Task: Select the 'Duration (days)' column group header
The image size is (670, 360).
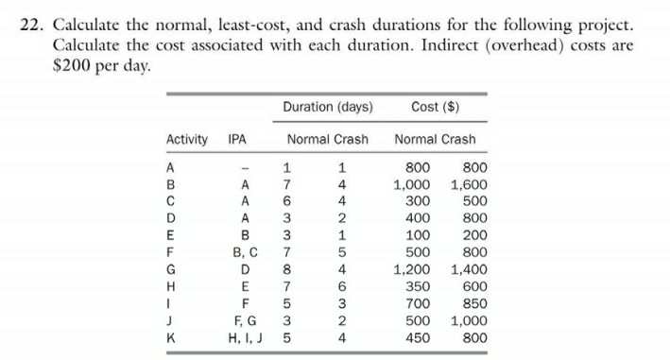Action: click(327, 107)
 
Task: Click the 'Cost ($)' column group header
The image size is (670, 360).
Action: click(436, 107)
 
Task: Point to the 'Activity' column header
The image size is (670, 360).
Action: click(187, 140)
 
